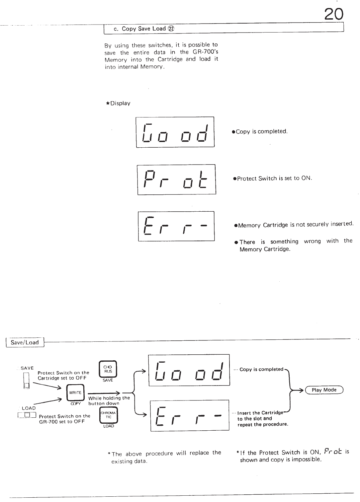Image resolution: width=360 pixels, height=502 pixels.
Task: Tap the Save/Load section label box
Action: pos(25,342)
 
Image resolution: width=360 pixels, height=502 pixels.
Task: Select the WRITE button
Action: pos(75,393)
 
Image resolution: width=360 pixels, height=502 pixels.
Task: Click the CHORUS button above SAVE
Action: pos(108,369)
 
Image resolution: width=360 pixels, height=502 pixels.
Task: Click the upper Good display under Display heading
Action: pos(175,132)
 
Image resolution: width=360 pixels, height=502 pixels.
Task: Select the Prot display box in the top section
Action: pos(176,179)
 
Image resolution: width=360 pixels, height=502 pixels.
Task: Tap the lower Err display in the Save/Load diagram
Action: pos(190,415)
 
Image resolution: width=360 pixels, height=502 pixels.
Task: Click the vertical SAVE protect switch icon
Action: pos(27,380)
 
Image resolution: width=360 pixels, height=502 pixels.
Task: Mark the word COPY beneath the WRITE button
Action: pos(76,403)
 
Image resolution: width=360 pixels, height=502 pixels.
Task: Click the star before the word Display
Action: pos(108,103)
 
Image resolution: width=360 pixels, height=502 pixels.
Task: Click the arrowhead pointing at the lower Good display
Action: pos(143,370)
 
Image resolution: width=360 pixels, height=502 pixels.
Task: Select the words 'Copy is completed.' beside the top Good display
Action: pos(261,131)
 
